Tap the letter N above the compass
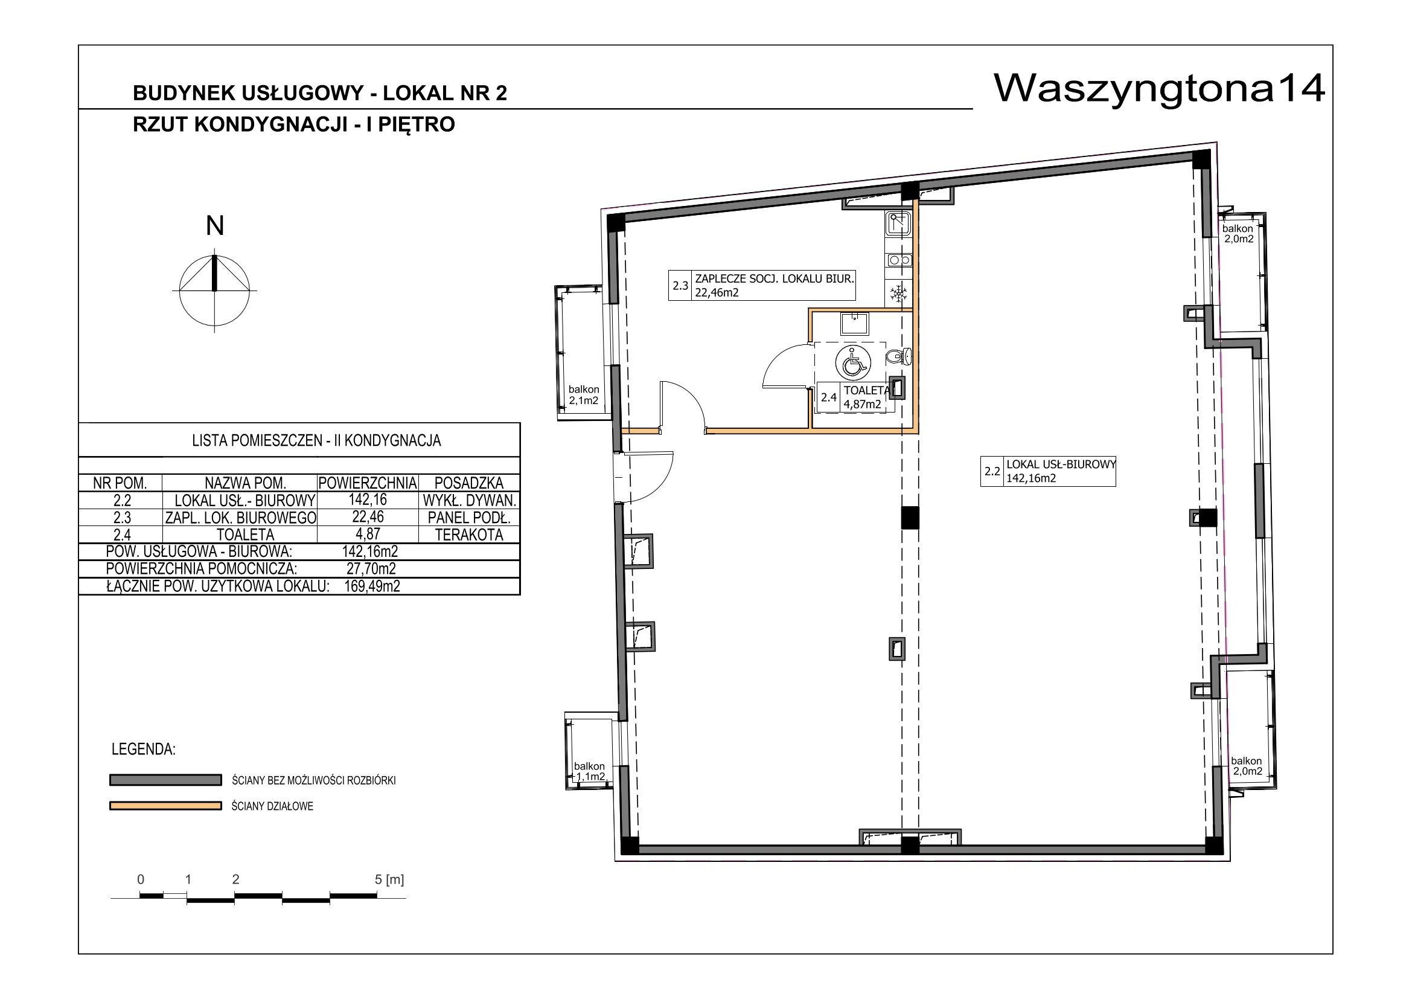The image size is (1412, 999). click(x=215, y=226)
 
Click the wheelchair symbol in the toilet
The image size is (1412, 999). click(x=853, y=363)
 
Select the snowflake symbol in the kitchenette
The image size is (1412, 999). click(x=899, y=294)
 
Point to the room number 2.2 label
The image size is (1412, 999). click(x=992, y=471)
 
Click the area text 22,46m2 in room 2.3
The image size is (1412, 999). click(x=717, y=293)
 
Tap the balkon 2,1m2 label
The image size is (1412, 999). click(x=584, y=395)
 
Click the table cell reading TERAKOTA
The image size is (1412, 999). click(x=469, y=535)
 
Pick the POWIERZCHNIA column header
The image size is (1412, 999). click(x=368, y=483)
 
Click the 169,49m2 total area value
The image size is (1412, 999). click(x=372, y=586)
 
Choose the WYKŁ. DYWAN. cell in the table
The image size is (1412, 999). click(x=469, y=500)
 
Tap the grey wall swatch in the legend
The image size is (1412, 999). click(x=165, y=780)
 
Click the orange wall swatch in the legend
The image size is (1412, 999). click(x=165, y=806)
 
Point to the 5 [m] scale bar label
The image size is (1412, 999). click(x=389, y=879)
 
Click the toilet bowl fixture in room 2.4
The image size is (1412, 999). click(x=898, y=356)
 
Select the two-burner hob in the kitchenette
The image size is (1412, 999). click(x=899, y=260)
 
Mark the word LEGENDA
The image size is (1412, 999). click(x=143, y=750)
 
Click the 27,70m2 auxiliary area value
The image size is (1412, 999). click(x=371, y=569)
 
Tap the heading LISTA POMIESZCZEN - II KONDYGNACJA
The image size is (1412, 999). click(x=317, y=440)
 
